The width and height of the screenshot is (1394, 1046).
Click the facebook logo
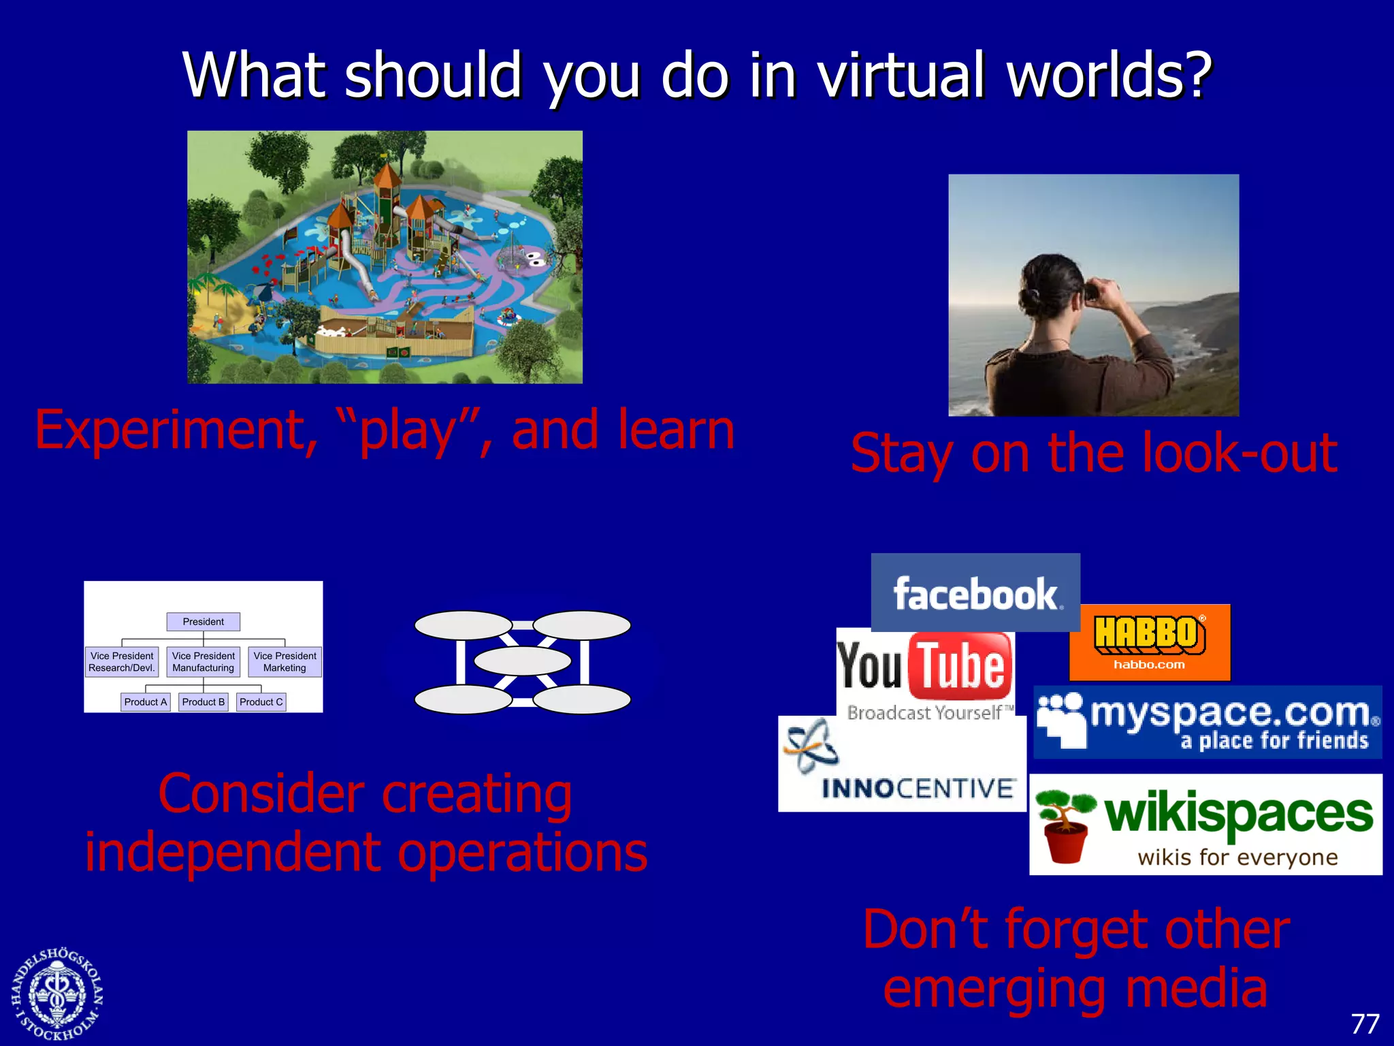click(975, 593)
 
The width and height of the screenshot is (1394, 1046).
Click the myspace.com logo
click(1207, 723)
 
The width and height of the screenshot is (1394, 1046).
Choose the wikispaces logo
click(1205, 824)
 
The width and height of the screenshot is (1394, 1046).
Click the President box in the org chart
click(203, 622)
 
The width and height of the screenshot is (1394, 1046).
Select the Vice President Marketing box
click(285, 661)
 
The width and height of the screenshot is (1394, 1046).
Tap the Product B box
click(203, 702)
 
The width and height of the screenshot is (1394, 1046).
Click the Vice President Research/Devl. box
click(122, 661)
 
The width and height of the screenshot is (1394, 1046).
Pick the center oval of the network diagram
click(522, 661)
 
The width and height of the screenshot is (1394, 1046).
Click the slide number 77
click(1364, 1024)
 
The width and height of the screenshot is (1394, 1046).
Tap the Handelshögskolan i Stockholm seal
click(56, 993)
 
